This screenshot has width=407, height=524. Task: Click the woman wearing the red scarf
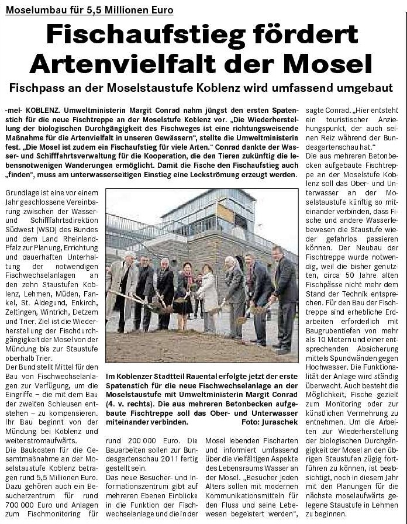pyautogui.click(x=188, y=292)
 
